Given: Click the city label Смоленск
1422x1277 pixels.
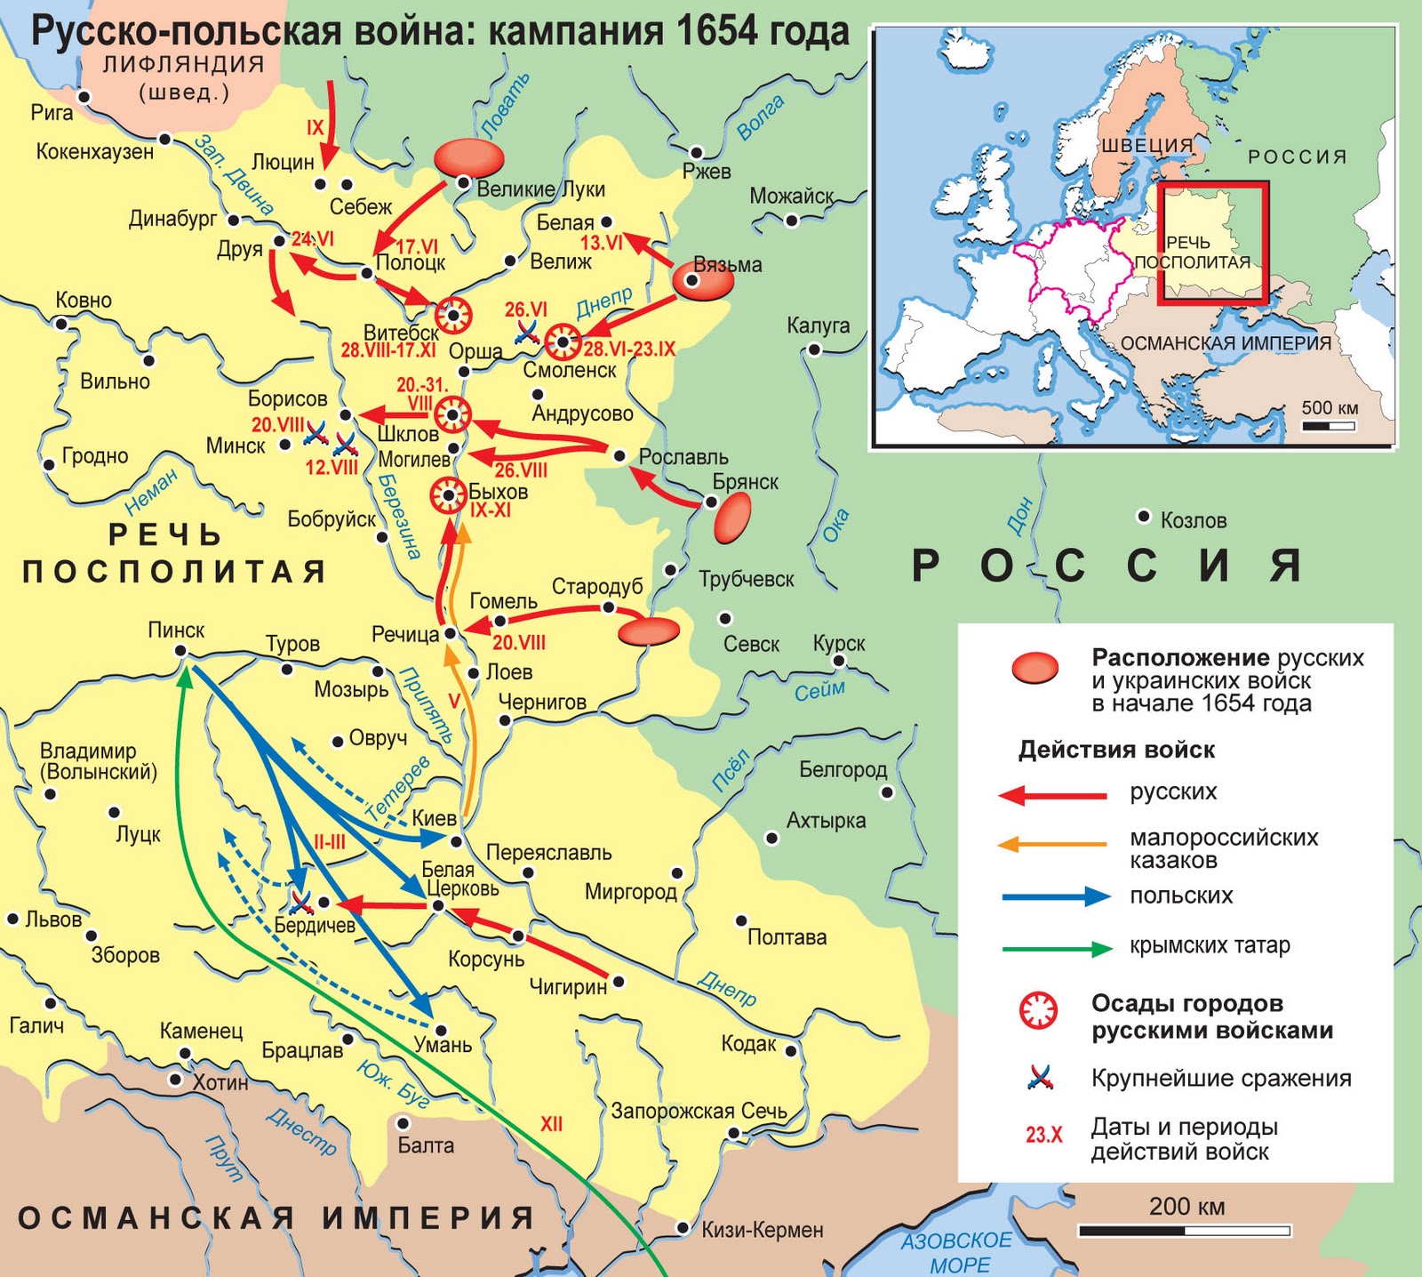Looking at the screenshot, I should pyautogui.click(x=569, y=371).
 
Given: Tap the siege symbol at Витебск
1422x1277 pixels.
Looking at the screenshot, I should pyautogui.click(x=453, y=315).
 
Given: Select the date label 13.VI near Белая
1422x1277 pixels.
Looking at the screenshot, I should pyautogui.click(x=601, y=243).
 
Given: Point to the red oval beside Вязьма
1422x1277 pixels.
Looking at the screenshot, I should pyautogui.click(x=703, y=282).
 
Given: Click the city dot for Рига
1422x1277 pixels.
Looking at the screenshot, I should pyautogui.click(x=84, y=96).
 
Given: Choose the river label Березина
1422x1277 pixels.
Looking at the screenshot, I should pyautogui.click(x=397, y=517).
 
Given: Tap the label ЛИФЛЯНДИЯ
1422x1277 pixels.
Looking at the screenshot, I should pyautogui.click(x=183, y=64).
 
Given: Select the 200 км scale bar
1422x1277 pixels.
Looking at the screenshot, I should pyautogui.click(x=1184, y=1231).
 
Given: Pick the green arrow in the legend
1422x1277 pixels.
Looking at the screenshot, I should pyautogui.click(x=1057, y=948).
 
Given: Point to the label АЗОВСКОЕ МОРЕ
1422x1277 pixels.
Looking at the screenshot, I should pyautogui.click(x=957, y=1251).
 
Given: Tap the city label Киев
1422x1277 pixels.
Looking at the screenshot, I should pyautogui.click(x=435, y=818).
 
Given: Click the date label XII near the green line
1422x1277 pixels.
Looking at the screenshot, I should pyautogui.click(x=551, y=1124).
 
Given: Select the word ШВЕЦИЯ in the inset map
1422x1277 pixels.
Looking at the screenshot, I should pyautogui.click(x=1147, y=145).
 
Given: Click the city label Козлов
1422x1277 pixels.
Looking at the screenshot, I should pyautogui.click(x=1193, y=520).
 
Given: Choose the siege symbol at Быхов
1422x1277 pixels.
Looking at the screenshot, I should pyautogui.click(x=449, y=495).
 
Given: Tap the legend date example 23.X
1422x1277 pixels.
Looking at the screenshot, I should pyautogui.click(x=1043, y=1136).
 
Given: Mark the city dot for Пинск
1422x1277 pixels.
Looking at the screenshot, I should pyautogui.click(x=180, y=651).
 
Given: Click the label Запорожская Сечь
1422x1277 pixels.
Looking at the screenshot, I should pyautogui.click(x=699, y=1111).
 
